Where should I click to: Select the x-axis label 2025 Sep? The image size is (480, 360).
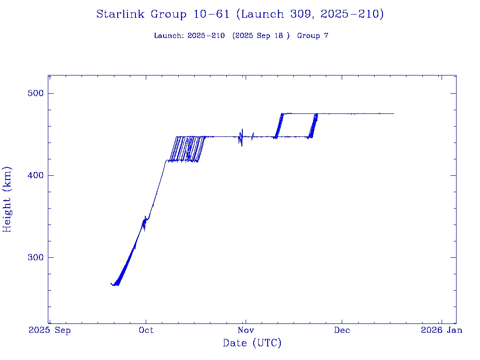[50, 330]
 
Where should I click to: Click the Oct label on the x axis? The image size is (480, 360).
[146, 330]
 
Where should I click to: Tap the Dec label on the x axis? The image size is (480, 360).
[342, 330]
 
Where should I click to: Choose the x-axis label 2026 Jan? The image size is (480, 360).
[441, 330]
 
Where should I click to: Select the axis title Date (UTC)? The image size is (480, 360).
[252, 344]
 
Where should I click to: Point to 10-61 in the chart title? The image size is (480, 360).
[211, 15]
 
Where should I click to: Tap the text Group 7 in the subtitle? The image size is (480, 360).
[313, 36]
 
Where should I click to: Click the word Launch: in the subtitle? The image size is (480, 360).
[169, 36]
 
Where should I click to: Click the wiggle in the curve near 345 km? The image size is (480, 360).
[145, 223]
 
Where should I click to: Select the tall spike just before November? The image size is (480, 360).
[242, 137]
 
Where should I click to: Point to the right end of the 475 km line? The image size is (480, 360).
[394, 113]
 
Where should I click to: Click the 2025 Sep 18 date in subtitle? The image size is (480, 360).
[261, 36]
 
